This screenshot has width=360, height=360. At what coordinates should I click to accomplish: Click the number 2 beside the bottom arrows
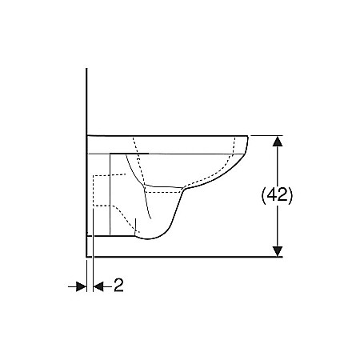(x=118, y=286)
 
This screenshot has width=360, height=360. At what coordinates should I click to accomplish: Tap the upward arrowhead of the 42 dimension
(x=277, y=140)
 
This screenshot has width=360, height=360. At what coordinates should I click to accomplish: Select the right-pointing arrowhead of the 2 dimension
(x=81, y=286)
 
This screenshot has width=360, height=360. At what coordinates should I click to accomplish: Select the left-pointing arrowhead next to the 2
(x=99, y=286)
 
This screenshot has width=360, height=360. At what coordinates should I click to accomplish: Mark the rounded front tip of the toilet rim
(x=248, y=142)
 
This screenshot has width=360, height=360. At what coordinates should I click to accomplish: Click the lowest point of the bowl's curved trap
(x=148, y=239)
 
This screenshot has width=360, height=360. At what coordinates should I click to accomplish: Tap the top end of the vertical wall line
(x=86, y=70)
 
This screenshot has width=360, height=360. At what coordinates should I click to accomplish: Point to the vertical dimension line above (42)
(x=277, y=164)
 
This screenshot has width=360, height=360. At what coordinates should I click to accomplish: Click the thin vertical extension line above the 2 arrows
(x=94, y=264)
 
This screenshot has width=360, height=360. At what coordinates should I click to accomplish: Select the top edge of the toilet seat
(x=168, y=134)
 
